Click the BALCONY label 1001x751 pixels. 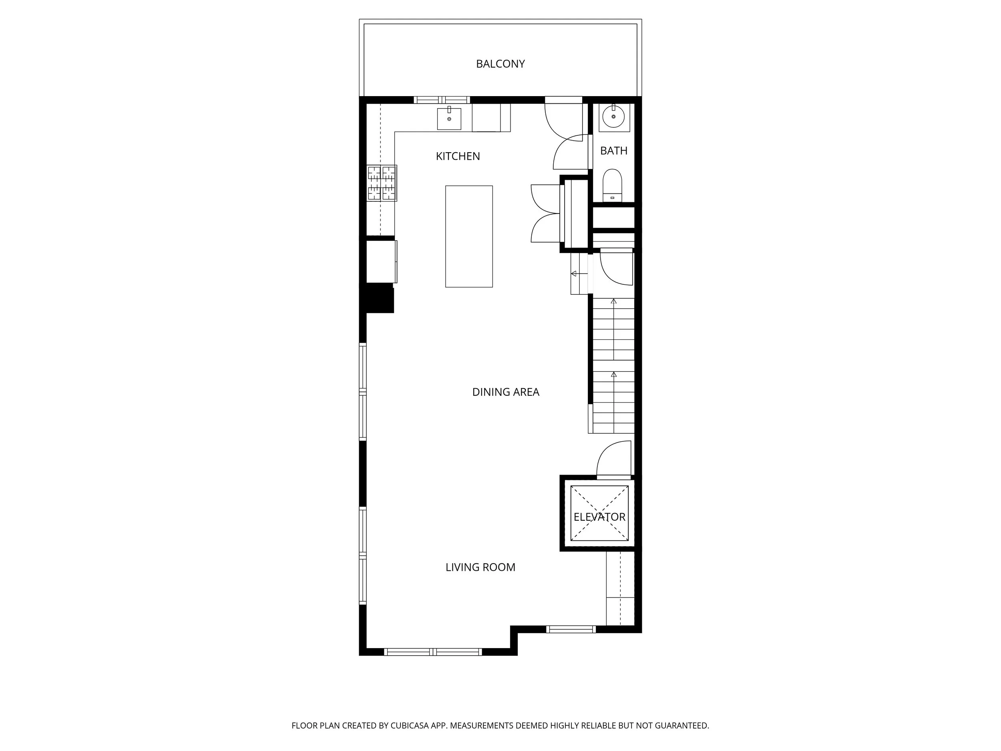pos(500,64)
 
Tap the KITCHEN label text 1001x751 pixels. pos(458,156)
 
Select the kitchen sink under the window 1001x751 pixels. pos(449,119)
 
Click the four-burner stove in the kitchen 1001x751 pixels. pos(382,183)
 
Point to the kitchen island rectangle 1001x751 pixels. pos(469,236)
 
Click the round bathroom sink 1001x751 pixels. pos(614,117)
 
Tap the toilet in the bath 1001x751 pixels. pos(612,185)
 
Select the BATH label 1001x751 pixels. pos(614,151)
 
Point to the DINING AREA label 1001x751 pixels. pos(505,392)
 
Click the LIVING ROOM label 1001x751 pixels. pos(480,567)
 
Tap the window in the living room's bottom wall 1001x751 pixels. pos(433,652)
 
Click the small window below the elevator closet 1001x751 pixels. pos(571,629)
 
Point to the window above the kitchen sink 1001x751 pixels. pos(442,100)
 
